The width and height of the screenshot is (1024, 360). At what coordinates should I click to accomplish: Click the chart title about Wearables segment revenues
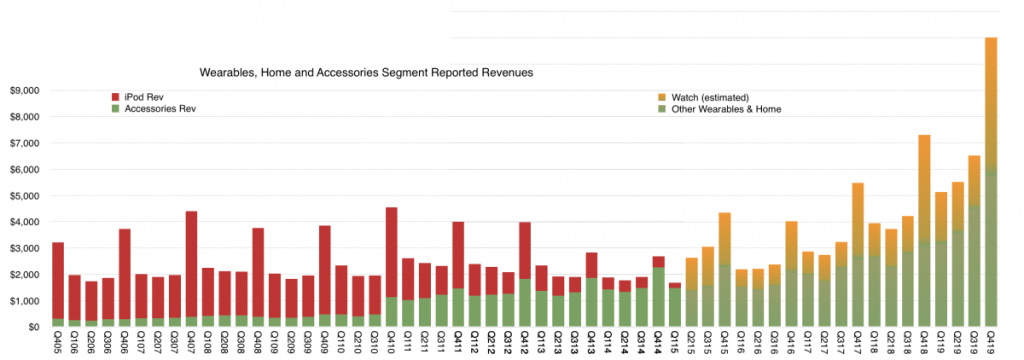[x=366, y=73]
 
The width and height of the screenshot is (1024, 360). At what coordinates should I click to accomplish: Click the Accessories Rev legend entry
[x=155, y=108]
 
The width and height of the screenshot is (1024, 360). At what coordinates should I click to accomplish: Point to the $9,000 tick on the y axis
[x=23, y=90]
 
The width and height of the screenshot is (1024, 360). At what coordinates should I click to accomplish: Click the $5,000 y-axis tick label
[x=23, y=196]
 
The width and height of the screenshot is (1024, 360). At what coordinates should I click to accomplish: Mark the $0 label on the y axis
[x=33, y=327]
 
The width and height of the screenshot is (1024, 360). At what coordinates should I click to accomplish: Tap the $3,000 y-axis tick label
[x=23, y=248]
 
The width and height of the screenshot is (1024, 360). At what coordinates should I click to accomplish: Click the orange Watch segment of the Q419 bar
[x=991, y=100]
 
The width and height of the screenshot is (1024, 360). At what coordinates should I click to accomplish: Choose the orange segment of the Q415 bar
[x=725, y=239]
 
